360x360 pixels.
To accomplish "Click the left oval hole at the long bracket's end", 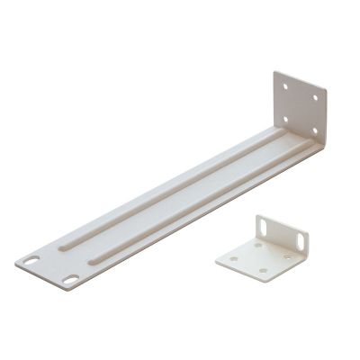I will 32,262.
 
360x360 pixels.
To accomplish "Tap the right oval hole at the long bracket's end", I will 70,280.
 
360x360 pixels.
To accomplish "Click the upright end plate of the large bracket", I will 300,109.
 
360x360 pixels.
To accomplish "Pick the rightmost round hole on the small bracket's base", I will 285,256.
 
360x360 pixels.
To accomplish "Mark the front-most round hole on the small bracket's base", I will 262,271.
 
